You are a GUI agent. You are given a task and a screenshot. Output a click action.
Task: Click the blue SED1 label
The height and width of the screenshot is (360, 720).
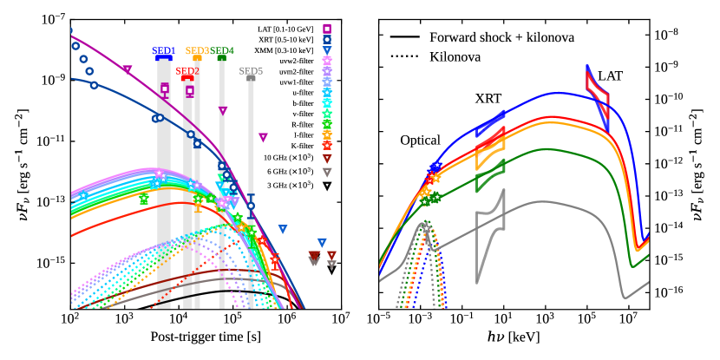[x=164, y=51]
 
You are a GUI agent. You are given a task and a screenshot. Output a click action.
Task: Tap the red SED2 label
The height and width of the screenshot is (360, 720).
[x=187, y=70]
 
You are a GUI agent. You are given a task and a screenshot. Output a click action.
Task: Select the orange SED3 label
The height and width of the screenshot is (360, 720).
[x=197, y=51]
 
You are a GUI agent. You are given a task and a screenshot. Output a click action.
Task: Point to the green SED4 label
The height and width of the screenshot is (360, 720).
[x=222, y=51]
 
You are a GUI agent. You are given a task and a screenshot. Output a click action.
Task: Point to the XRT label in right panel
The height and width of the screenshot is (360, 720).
[x=488, y=99]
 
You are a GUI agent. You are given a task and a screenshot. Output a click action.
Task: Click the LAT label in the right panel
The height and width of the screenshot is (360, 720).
[x=610, y=76]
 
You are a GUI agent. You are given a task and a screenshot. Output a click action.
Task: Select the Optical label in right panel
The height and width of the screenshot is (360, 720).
[x=421, y=140]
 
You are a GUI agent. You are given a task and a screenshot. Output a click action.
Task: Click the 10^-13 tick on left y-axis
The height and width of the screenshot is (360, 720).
[x=49, y=201]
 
